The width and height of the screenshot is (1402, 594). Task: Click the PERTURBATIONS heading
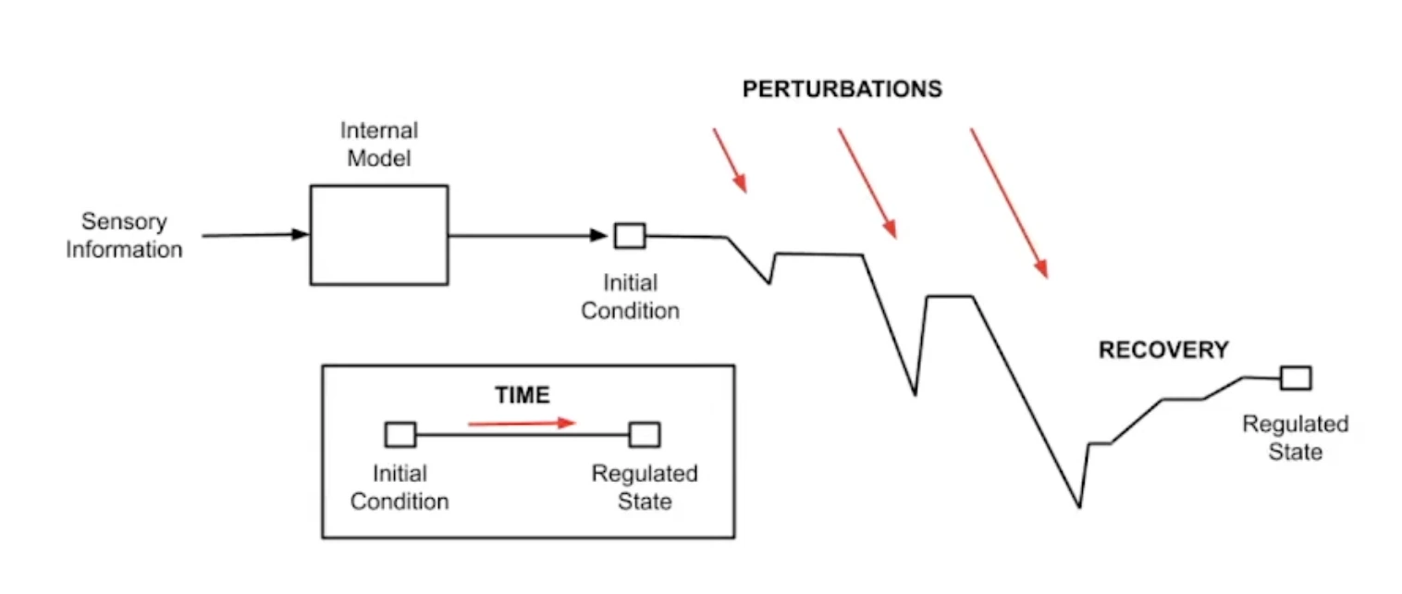click(842, 90)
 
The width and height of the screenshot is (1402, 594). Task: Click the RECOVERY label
click(1163, 350)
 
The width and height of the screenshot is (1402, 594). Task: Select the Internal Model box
click(379, 235)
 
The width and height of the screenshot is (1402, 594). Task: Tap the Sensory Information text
click(124, 235)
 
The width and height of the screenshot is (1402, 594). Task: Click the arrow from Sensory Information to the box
click(254, 235)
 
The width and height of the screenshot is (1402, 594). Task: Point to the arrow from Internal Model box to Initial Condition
click(527, 235)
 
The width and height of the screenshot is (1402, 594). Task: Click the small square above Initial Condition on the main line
click(630, 235)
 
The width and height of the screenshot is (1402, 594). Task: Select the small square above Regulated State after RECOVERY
click(1296, 377)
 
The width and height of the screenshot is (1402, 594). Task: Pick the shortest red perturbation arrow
click(729, 160)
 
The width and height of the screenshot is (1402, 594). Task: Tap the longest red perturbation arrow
click(1009, 203)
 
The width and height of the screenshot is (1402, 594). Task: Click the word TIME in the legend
click(523, 396)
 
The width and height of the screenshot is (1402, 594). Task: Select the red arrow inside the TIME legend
click(522, 423)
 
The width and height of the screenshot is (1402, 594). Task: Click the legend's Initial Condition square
click(400, 434)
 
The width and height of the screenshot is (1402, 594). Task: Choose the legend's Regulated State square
click(644, 434)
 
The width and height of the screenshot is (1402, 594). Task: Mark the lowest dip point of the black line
click(1079, 507)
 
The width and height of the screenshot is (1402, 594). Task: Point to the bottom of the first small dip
click(769, 283)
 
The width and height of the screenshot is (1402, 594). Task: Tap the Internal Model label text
click(379, 144)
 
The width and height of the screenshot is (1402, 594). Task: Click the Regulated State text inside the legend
click(645, 488)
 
